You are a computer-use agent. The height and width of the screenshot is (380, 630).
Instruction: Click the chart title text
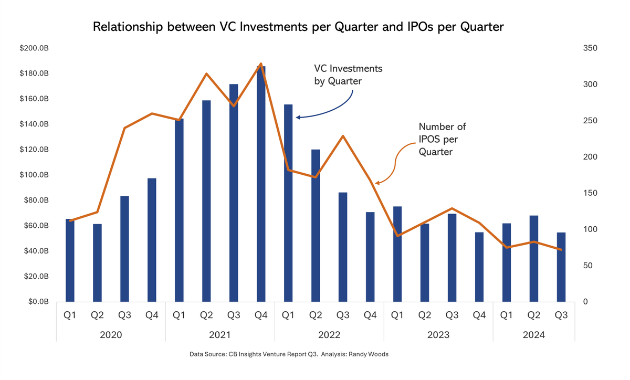coord(298,27)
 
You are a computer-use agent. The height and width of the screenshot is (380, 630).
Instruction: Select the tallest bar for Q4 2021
coord(261,184)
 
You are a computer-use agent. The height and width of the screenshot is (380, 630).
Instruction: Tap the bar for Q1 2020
coord(70,260)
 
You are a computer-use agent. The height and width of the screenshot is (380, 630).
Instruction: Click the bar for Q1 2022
coord(288,203)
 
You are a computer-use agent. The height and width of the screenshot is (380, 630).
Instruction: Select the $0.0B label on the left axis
coord(37,302)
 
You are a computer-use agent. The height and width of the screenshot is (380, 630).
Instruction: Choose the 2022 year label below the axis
coord(329,335)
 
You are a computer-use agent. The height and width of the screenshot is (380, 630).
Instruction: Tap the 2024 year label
coord(534,335)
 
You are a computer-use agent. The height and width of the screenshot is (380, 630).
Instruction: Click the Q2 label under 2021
coord(206,315)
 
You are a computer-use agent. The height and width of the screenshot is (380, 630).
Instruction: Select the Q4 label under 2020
coord(152,315)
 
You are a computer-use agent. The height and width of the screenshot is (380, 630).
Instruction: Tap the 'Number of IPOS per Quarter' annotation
coord(442,139)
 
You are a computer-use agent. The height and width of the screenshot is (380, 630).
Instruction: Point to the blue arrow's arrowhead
coord(298,117)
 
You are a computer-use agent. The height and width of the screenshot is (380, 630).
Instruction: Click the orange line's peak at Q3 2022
coord(343,136)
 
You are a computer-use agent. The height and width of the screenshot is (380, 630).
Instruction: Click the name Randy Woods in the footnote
coord(372,355)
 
